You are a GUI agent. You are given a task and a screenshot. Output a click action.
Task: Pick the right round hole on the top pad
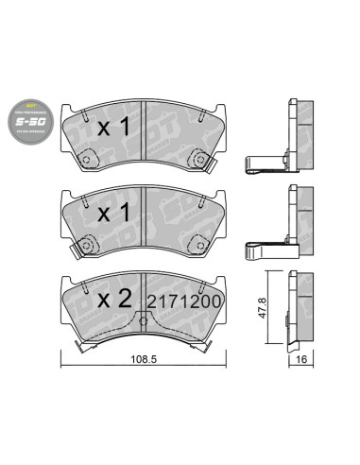195,158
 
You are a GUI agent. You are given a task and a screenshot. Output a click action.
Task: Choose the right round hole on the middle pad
195,247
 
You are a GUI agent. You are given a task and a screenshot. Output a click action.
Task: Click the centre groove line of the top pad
141,128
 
